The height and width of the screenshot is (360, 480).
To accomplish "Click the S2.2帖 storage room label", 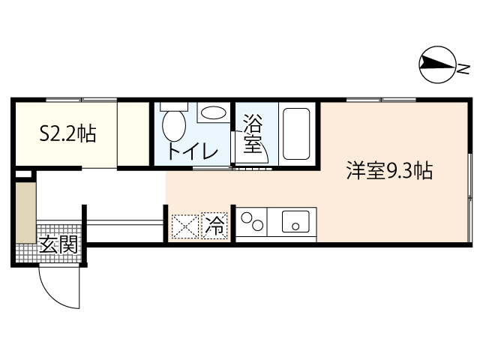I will [x=67, y=135].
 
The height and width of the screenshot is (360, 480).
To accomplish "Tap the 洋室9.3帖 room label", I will [x=388, y=171].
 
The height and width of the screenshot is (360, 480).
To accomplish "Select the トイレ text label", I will [x=192, y=151].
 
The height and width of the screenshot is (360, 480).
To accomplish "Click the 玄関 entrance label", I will [x=58, y=244].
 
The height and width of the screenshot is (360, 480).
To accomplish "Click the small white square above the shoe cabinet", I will [x=24, y=175].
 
